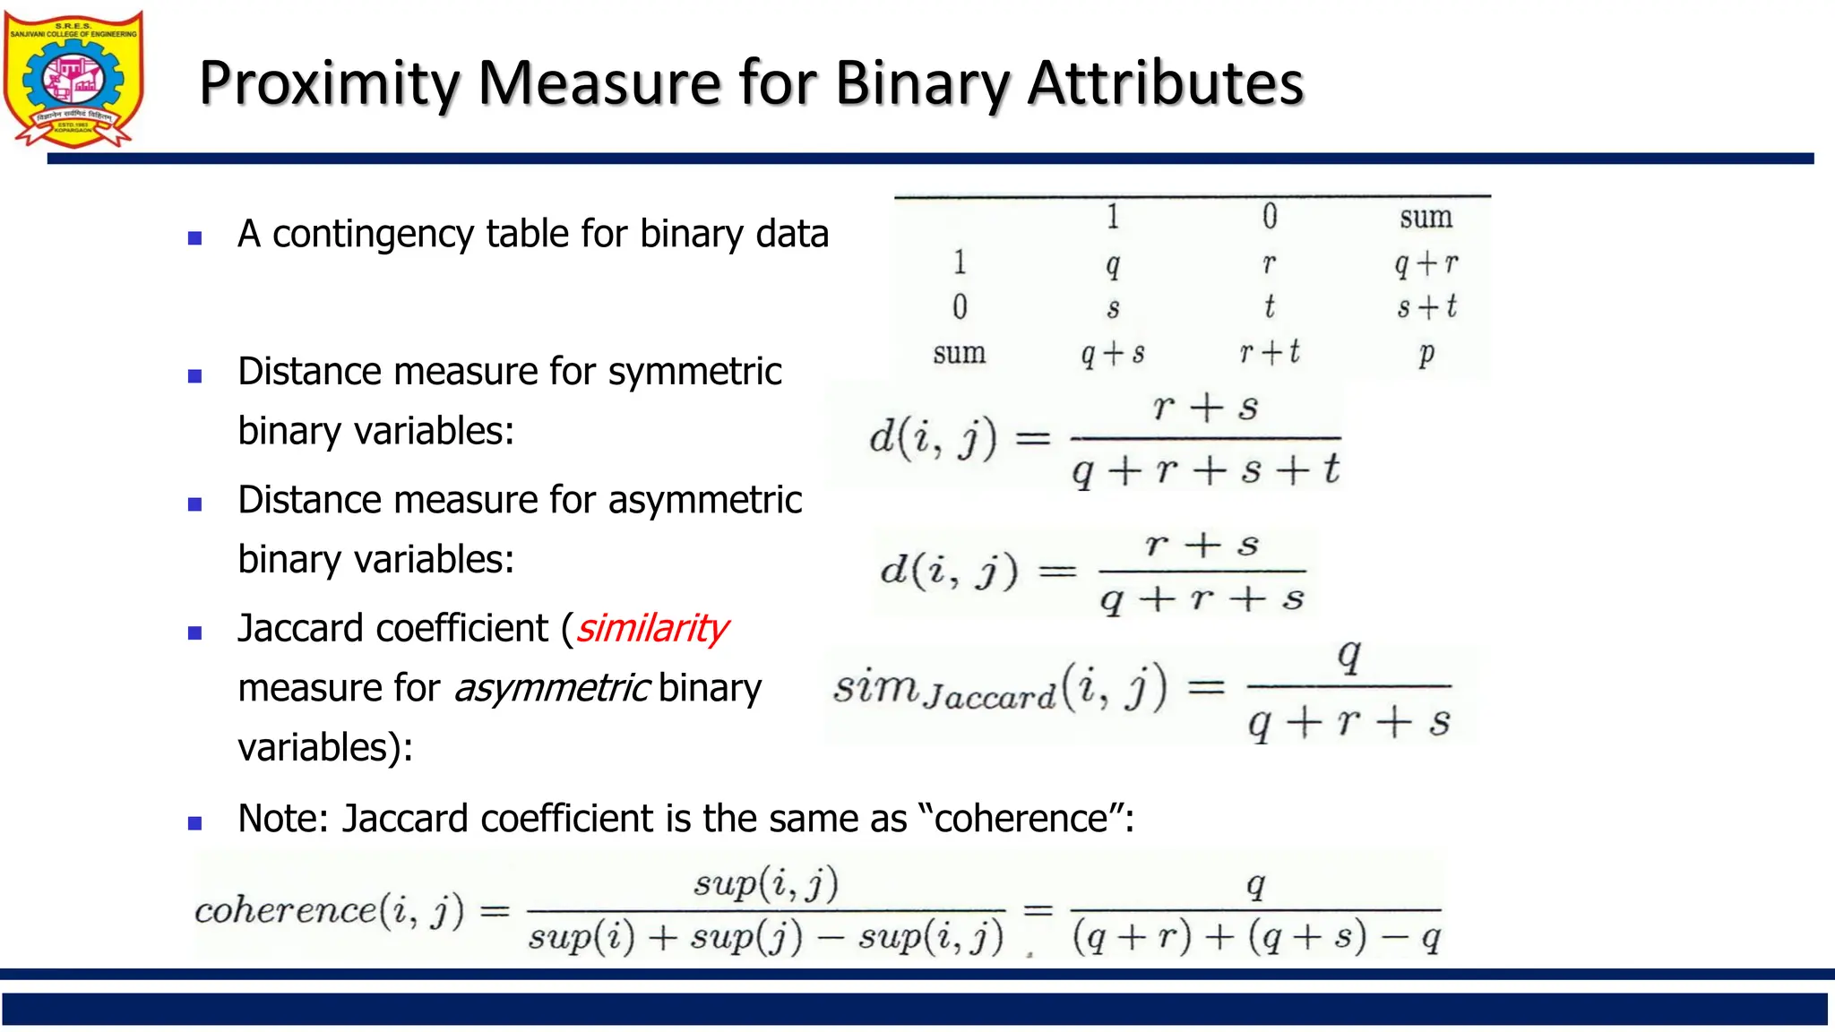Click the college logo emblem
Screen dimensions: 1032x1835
coord(73,79)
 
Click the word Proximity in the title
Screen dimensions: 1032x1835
coord(329,83)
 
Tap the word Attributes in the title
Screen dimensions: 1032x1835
coord(1165,83)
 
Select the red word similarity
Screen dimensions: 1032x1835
coord(652,629)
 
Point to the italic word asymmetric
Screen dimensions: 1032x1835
coord(551,688)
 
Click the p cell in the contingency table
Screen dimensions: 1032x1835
coord(1426,353)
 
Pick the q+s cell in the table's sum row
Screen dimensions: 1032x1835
coord(1113,353)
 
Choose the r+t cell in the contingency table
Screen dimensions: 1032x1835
coord(1270,352)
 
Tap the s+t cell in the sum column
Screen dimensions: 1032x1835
coord(1426,307)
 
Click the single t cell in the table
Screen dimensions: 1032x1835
coord(1270,307)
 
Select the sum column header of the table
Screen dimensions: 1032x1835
coord(1426,218)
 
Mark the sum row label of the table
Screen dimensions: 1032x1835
coord(959,353)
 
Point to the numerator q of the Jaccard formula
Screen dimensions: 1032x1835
coord(1348,656)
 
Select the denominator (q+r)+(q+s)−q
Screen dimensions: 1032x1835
coord(1256,937)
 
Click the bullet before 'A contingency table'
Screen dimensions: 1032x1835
coord(194,238)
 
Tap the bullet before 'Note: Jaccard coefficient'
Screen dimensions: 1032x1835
coord(194,823)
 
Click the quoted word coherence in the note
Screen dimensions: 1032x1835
coord(1021,819)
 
